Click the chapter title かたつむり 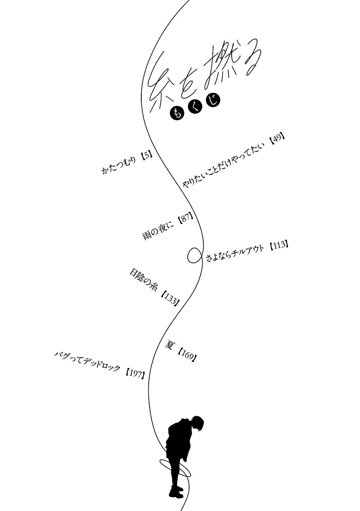(x=119, y=163)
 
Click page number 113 (x=280, y=246)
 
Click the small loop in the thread (x=194, y=256)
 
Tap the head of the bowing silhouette (x=198, y=424)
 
